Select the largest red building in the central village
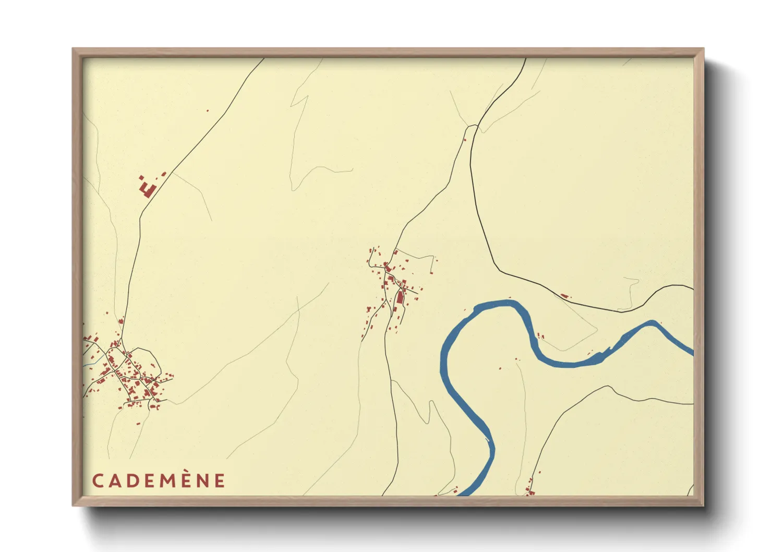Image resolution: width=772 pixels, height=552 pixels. point(400,298)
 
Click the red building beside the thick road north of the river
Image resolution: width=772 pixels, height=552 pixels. point(564,296)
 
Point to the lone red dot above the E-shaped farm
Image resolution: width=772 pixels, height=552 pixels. point(207,111)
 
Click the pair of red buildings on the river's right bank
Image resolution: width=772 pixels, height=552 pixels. point(540,336)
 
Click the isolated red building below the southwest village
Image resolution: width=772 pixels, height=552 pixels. point(138,424)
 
